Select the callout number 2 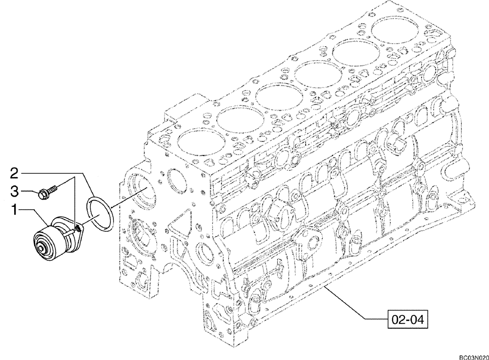(14, 174)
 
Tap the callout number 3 (14, 192)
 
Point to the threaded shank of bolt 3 (53, 189)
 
